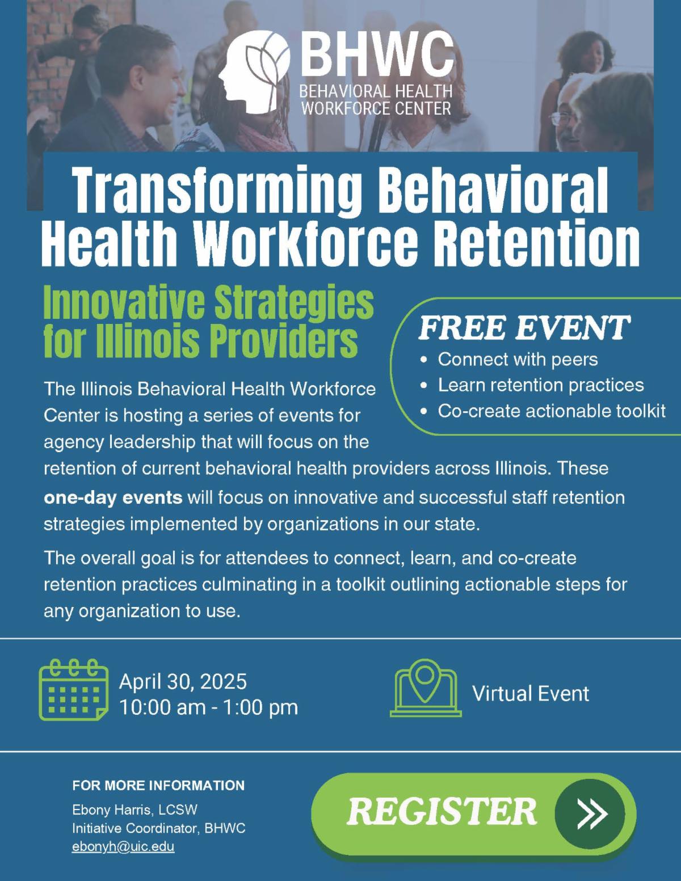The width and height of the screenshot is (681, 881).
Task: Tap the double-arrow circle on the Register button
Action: (x=590, y=813)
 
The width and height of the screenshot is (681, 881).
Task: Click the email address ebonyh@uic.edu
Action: (x=123, y=848)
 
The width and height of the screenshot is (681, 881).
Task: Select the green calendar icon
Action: (x=73, y=689)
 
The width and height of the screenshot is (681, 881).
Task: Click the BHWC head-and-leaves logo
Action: (x=254, y=71)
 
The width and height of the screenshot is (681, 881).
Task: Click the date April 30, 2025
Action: (x=183, y=681)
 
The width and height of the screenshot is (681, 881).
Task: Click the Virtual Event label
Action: (x=531, y=694)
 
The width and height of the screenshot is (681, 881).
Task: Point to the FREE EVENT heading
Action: (x=524, y=327)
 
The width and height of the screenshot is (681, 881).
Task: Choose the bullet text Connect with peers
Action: (x=518, y=360)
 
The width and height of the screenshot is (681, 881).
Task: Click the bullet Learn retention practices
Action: (x=541, y=386)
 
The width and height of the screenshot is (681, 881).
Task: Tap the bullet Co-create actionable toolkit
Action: (x=552, y=411)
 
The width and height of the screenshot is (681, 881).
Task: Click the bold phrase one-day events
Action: (x=113, y=498)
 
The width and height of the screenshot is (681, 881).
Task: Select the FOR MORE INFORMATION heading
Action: (x=158, y=785)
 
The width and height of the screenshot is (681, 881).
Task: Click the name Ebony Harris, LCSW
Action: (x=134, y=810)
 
